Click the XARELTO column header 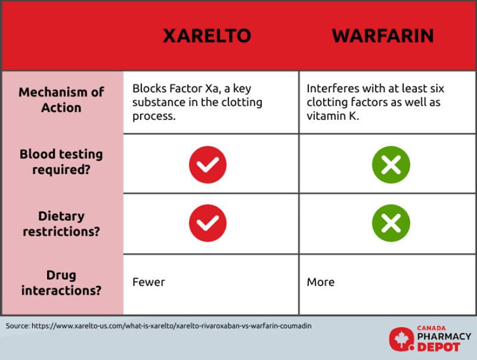click(x=207, y=36)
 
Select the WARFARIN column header click(x=383, y=36)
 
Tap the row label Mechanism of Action click(x=61, y=100)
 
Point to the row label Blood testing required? click(x=61, y=162)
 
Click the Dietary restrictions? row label click(x=61, y=224)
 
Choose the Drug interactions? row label click(x=61, y=283)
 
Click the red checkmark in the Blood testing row click(x=207, y=165)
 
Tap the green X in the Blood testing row click(x=391, y=165)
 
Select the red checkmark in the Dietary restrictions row click(x=207, y=223)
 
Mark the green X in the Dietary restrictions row click(x=391, y=223)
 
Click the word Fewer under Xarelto click(x=148, y=282)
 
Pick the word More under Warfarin click(x=321, y=282)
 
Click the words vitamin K click(x=333, y=116)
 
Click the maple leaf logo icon click(x=401, y=339)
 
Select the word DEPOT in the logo click(x=438, y=347)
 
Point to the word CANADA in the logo click(x=431, y=328)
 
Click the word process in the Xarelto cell click(x=154, y=116)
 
